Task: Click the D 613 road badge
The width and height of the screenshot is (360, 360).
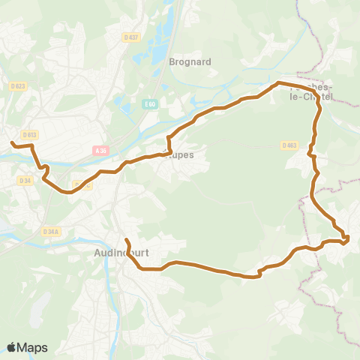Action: point(29,134)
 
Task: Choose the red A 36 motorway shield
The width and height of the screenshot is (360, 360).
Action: point(102,151)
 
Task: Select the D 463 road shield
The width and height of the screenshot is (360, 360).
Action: point(290,145)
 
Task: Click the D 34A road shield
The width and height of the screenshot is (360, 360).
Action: point(51,231)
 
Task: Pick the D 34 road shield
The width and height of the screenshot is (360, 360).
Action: point(26,180)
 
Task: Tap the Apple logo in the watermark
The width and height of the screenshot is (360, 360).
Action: point(12,347)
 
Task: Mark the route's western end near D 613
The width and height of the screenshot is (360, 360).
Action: point(11,142)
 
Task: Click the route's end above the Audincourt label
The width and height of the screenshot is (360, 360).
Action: point(126,240)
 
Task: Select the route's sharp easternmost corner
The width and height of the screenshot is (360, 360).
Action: point(348,239)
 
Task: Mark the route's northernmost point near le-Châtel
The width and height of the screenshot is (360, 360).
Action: point(278,82)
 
